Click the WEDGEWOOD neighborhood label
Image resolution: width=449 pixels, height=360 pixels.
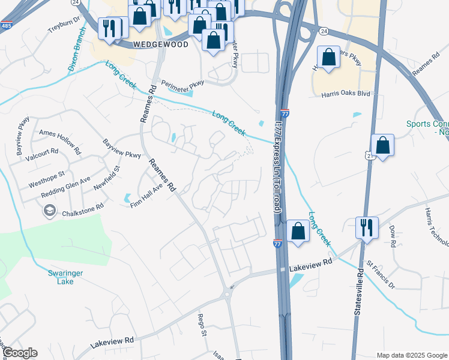pyautogui.click(x=161, y=44)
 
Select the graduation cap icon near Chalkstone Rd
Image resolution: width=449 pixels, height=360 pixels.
pyautogui.click(x=48, y=210)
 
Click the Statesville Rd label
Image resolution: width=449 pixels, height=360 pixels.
pyautogui.click(x=359, y=292)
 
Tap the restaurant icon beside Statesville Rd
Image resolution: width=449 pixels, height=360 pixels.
pyautogui.click(x=366, y=227)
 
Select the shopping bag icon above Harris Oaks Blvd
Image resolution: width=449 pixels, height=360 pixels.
pyautogui.click(x=328, y=58)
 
